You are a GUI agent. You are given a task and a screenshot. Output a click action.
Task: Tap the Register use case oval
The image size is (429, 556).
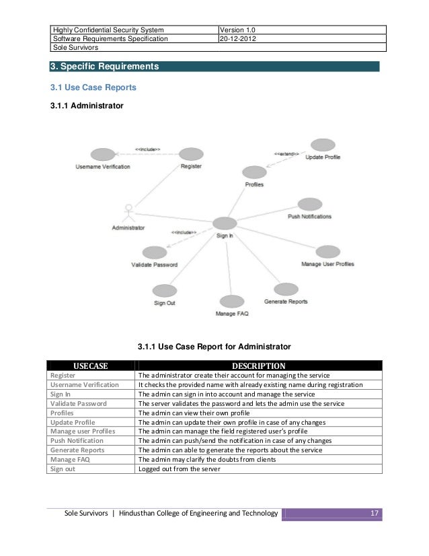(x=192, y=154)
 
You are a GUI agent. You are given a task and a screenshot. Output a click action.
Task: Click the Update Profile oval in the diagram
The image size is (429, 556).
(x=323, y=145)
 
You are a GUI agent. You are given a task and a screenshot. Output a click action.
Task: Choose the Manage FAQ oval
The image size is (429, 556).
(x=231, y=302)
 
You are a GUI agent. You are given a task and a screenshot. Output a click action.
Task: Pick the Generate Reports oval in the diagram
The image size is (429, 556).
(x=286, y=289)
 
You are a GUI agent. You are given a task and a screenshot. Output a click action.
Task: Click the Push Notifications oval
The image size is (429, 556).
(x=309, y=204)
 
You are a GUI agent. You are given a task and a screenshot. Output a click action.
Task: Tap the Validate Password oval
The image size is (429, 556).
(x=155, y=252)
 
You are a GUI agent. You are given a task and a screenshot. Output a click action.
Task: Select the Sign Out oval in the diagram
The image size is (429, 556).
(x=164, y=291)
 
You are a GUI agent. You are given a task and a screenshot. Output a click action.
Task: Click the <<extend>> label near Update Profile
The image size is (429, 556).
(x=286, y=153)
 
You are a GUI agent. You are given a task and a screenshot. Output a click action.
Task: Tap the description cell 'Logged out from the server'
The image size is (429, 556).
(x=180, y=469)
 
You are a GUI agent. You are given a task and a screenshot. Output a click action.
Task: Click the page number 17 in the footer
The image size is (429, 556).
(x=375, y=515)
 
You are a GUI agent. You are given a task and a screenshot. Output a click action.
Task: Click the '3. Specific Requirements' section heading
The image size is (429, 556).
(x=105, y=67)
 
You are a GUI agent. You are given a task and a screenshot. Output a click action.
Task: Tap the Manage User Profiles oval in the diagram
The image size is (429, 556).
(x=327, y=252)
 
